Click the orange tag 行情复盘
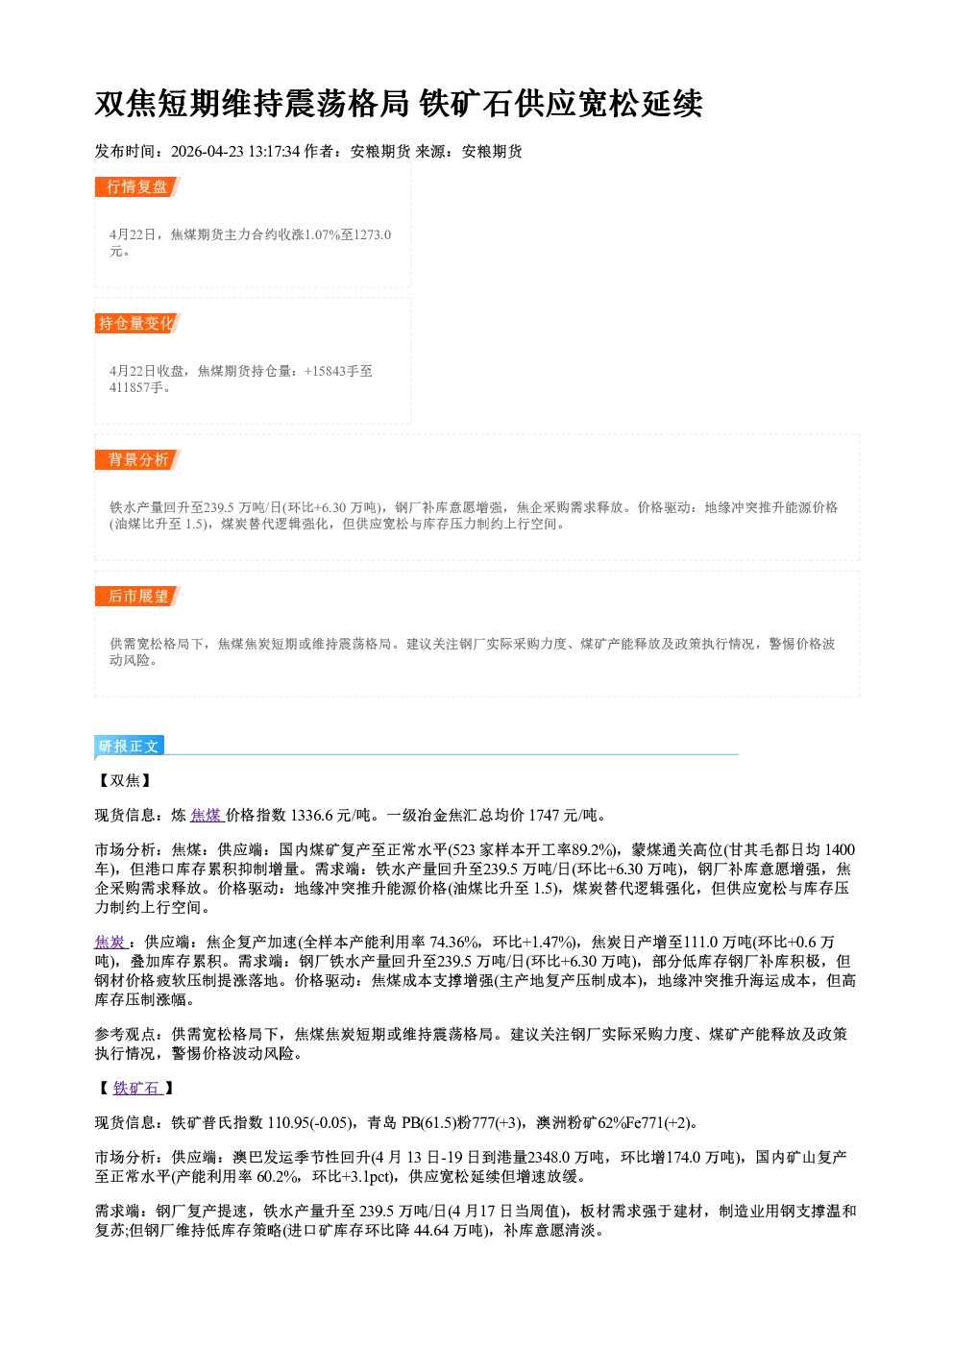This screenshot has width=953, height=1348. tap(137, 187)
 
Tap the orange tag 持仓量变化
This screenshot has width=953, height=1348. tap(137, 324)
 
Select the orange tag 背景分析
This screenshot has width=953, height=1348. tap(137, 460)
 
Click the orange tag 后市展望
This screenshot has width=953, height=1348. tap(137, 597)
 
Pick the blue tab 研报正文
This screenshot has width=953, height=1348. tap(129, 747)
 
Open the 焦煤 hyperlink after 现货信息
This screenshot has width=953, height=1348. tap(206, 816)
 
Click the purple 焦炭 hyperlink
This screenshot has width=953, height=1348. tap(110, 943)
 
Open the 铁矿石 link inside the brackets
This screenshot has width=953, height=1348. tap(136, 1088)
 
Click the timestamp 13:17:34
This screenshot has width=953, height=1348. tap(274, 152)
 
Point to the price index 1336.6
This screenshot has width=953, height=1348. tap(311, 816)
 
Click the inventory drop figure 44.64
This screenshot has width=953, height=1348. tap(431, 1231)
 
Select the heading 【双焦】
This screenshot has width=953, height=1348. tap(125, 781)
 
